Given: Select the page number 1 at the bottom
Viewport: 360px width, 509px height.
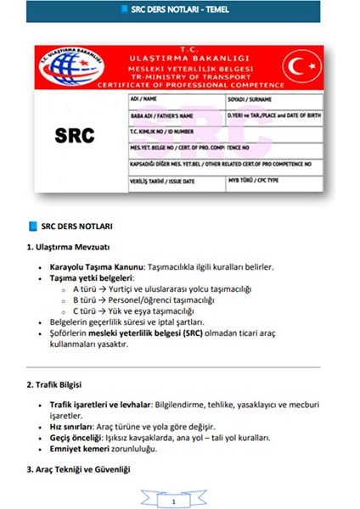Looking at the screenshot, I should pyautogui.click(x=173, y=502).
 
